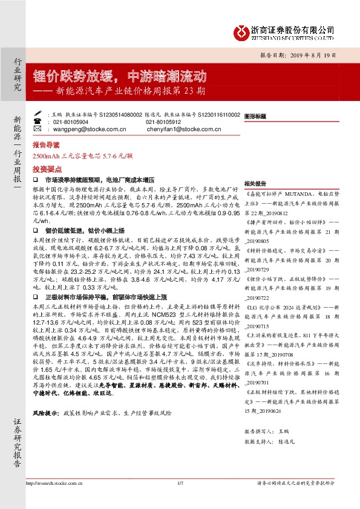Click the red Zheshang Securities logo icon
(240, 32)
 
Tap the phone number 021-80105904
(70, 121)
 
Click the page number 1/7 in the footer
(180, 482)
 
